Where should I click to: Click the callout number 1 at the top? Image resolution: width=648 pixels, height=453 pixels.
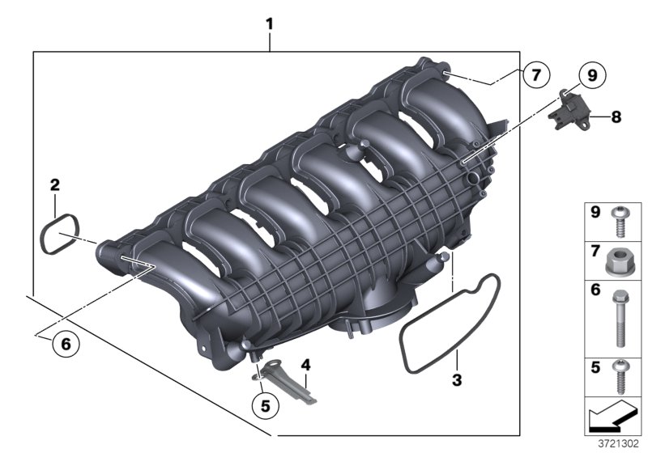point(270,24)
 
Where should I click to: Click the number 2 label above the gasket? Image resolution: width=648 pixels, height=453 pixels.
point(54,185)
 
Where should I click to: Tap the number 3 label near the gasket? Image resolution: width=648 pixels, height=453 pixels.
point(457,379)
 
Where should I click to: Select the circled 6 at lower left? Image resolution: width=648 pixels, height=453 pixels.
point(66,344)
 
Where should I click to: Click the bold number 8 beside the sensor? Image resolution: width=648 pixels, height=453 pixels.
point(616,117)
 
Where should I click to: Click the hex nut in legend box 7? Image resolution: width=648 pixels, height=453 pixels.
point(620,260)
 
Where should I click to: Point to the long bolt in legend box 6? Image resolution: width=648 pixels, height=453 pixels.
point(620,317)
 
